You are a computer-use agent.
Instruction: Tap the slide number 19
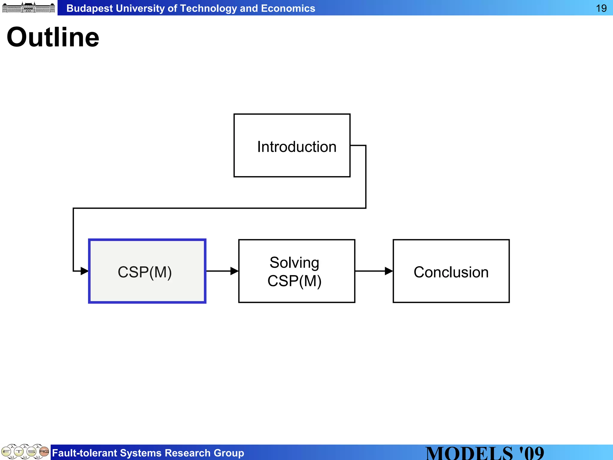coord(601,8)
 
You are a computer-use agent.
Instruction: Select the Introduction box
coord(292,146)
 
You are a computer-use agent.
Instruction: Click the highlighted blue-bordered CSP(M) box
coord(147,271)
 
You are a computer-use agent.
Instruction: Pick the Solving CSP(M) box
coord(297,271)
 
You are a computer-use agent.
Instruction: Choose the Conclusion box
coord(451,271)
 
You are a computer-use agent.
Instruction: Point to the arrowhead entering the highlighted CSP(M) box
coord(84,271)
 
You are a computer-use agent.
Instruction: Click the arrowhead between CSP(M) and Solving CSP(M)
coord(234,271)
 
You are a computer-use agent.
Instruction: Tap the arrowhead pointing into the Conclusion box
coord(389,271)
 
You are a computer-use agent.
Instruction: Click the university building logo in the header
coord(28,7)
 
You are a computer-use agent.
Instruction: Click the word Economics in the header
coord(288,8)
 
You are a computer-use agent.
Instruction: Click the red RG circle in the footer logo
coord(44,451)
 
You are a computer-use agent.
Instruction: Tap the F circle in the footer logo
coord(6,451)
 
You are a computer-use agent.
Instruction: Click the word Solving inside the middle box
coord(294,263)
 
